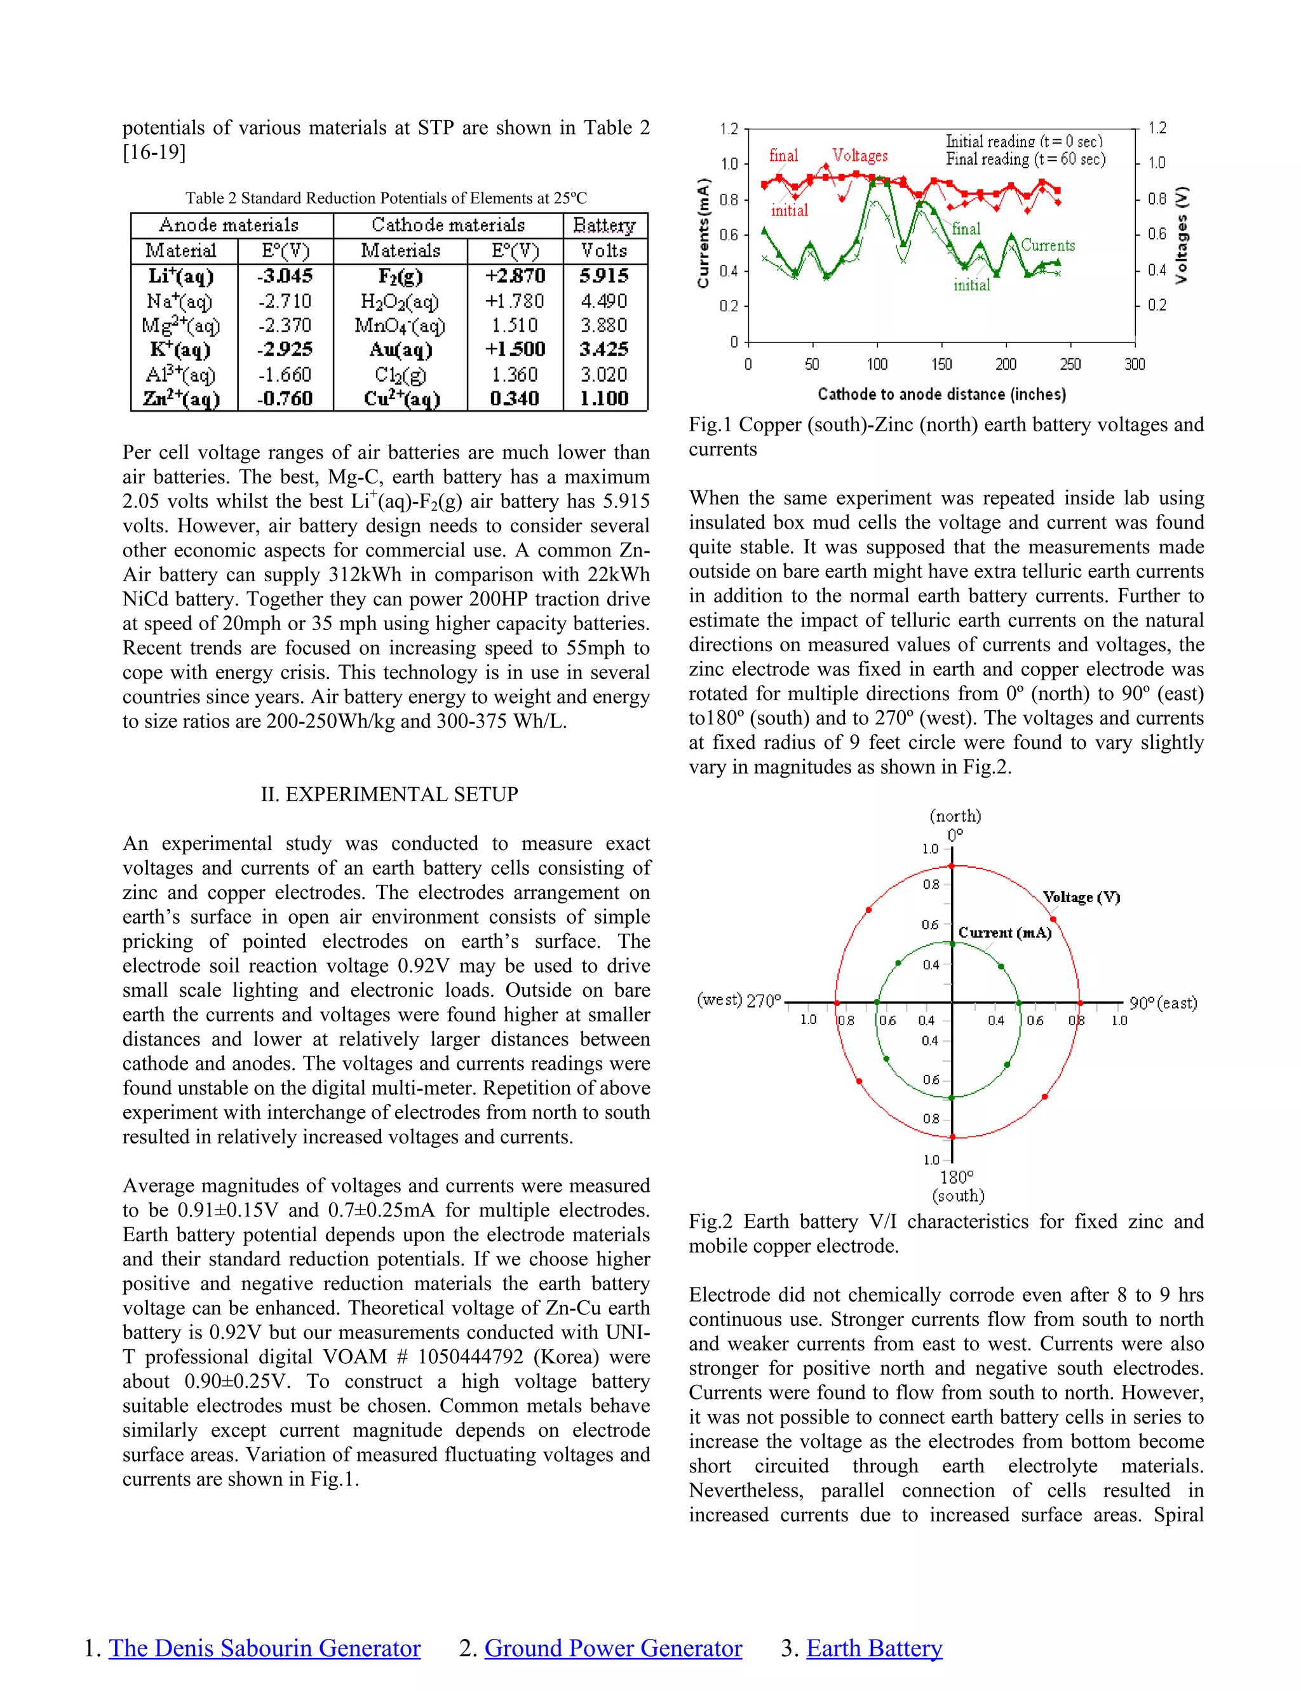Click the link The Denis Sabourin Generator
[264, 1648]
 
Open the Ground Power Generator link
[612, 1648]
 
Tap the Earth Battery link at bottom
[873, 1648]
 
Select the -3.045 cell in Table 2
[285, 276]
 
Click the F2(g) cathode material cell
[400, 276]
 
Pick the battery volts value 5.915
[604, 276]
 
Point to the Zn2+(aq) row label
[182, 400]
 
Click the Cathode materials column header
[448, 226]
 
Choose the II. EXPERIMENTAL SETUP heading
[389, 795]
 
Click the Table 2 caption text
[386, 198]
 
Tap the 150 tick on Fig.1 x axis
[941, 364]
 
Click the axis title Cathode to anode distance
[941, 394]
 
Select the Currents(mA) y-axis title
[703, 234]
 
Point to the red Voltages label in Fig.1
[859, 156]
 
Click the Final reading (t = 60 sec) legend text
[1025, 159]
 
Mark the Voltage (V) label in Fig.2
[1081, 898]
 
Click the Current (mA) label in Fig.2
[1004, 933]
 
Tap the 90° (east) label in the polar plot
[1163, 1004]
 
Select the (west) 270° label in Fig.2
[739, 1000]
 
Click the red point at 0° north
[952, 866]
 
